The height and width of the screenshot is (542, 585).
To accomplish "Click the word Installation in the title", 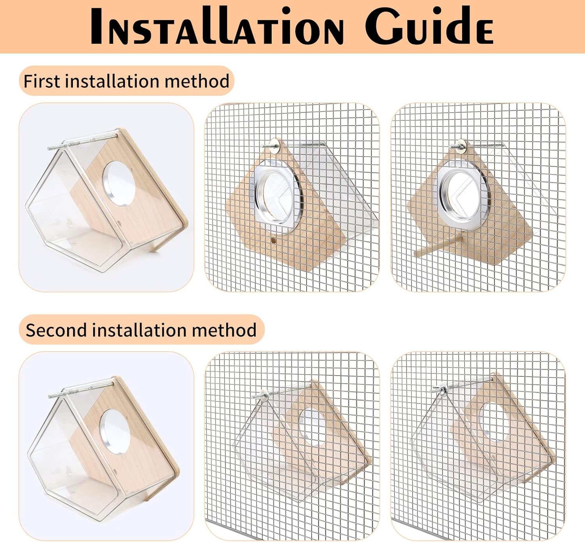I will (x=216, y=26).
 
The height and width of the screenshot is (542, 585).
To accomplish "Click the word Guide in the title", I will (x=429, y=26).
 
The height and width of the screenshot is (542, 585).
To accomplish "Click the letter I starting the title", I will (x=96, y=26).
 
